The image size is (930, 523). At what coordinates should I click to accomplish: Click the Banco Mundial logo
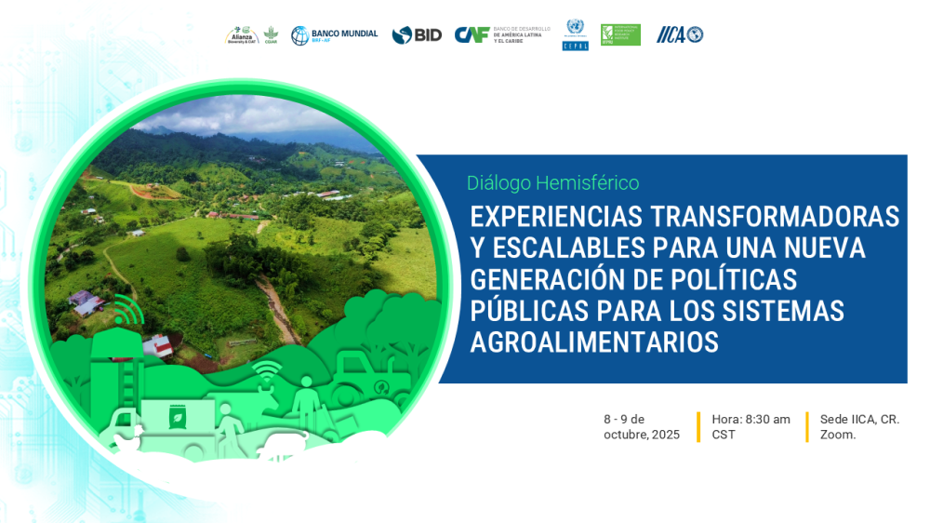pos(334,35)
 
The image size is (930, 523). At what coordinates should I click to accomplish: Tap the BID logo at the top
pos(417,35)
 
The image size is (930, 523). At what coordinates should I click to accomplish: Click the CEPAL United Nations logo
pos(575,34)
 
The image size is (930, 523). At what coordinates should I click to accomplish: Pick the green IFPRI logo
pos(620,34)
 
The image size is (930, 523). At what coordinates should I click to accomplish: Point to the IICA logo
pos(680,34)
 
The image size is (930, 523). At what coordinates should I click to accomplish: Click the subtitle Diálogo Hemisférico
pos(552,183)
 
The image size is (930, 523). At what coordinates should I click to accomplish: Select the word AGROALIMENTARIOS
pos(594,342)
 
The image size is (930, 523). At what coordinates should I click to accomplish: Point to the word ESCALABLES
pos(580,248)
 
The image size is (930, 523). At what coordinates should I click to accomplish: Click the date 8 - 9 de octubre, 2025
pos(641,427)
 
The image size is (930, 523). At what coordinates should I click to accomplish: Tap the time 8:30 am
pos(767,420)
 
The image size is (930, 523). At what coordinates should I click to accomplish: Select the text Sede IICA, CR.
pos(859,420)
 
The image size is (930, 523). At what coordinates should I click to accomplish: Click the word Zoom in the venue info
pos(837,435)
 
